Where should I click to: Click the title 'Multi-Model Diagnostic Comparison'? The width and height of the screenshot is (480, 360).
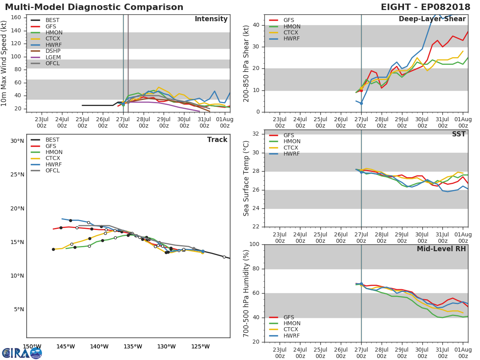point(94,7)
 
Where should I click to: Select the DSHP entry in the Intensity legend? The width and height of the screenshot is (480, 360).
point(53,51)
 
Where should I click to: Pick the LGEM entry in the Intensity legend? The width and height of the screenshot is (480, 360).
point(53,57)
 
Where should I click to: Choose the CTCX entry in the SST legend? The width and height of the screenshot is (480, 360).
point(291,148)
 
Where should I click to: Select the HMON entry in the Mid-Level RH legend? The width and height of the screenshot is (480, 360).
point(291,323)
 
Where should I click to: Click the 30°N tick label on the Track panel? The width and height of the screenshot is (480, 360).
point(17,141)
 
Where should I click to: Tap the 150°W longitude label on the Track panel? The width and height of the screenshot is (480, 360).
point(32,346)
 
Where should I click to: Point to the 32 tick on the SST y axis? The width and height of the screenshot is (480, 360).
point(256,134)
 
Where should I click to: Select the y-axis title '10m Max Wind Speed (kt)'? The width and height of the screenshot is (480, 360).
point(4,63)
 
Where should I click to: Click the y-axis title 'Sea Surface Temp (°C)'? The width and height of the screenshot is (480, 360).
point(246,178)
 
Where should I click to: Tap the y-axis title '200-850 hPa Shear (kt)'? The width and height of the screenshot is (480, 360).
point(246,63)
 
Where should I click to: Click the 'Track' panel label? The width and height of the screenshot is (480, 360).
point(217,140)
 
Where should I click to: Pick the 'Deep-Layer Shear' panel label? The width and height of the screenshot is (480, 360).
point(432,19)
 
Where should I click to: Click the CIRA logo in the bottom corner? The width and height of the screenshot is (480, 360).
point(22,353)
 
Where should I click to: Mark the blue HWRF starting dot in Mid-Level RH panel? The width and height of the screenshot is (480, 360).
point(361,284)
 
